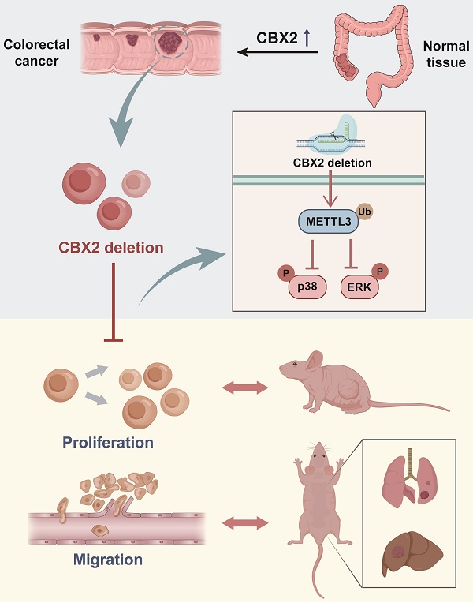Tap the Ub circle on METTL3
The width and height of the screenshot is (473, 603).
pyautogui.click(x=364, y=211)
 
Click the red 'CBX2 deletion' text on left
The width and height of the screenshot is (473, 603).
pyautogui.click(x=110, y=247)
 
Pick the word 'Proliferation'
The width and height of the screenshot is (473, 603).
pyautogui.click(x=108, y=442)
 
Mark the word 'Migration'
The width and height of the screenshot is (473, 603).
pyautogui.click(x=107, y=560)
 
